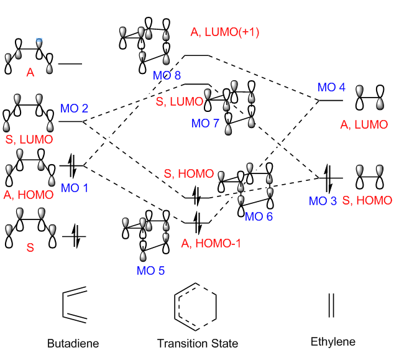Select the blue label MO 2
pyautogui.click(x=74, y=109)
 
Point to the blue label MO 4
pyautogui.click(x=331, y=88)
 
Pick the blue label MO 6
pyautogui.click(x=259, y=216)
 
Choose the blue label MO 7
pyautogui.click(x=204, y=123)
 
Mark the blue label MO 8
pyautogui.click(x=167, y=76)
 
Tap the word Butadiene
pyautogui.click(x=73, y=343)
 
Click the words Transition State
pyautogui.click(x=198, y=343)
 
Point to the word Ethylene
pyautogui.click(x=333, y=342)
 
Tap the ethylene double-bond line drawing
pyautogui.click(x=331, y=305)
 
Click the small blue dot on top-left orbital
pyautogui.click(x=40, y=42)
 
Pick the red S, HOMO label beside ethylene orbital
pyautogui.click(x=367, y=200)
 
